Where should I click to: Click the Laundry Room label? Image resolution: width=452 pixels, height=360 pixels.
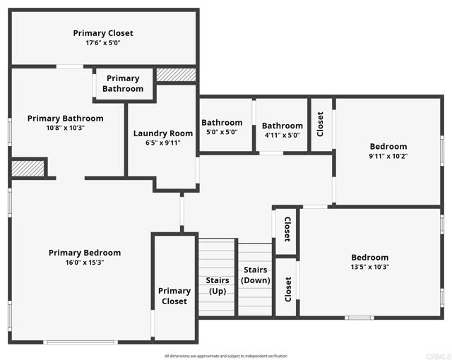163,133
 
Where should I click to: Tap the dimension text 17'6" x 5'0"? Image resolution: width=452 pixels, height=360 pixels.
103,43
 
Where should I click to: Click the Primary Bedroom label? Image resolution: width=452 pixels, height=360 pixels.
85,253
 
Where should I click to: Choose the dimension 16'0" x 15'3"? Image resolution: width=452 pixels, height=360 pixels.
85,263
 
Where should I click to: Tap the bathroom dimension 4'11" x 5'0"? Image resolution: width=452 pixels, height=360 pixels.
282,135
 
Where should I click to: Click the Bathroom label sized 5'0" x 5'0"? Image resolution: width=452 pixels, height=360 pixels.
222,123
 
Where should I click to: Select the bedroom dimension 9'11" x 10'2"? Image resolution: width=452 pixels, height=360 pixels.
388,156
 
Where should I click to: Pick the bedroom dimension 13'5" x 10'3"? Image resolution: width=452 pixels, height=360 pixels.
369,267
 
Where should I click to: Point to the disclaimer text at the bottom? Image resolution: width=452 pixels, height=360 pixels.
226,356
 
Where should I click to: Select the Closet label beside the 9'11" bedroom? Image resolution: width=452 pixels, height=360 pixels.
321,124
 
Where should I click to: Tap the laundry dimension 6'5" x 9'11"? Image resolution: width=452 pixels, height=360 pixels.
163,143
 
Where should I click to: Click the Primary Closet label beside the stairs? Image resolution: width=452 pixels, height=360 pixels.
174,296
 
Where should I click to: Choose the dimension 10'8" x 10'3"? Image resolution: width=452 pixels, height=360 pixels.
65,128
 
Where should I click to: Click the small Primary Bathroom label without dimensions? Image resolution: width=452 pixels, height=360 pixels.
123,83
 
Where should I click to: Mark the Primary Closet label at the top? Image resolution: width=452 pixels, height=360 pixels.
103,33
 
